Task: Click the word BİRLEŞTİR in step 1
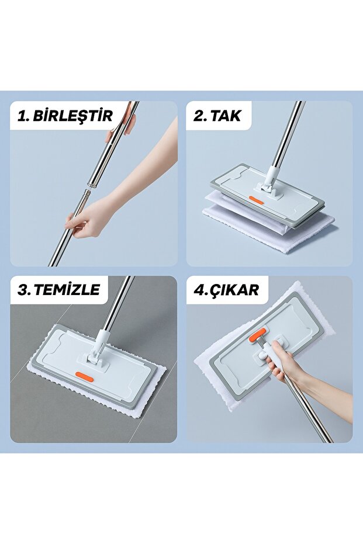(x=73, y=115)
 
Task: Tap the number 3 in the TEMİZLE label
(x=23, y=290)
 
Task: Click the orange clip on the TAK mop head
(x=256, y=200)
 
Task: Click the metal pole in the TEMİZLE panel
(x=117, y=304)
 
